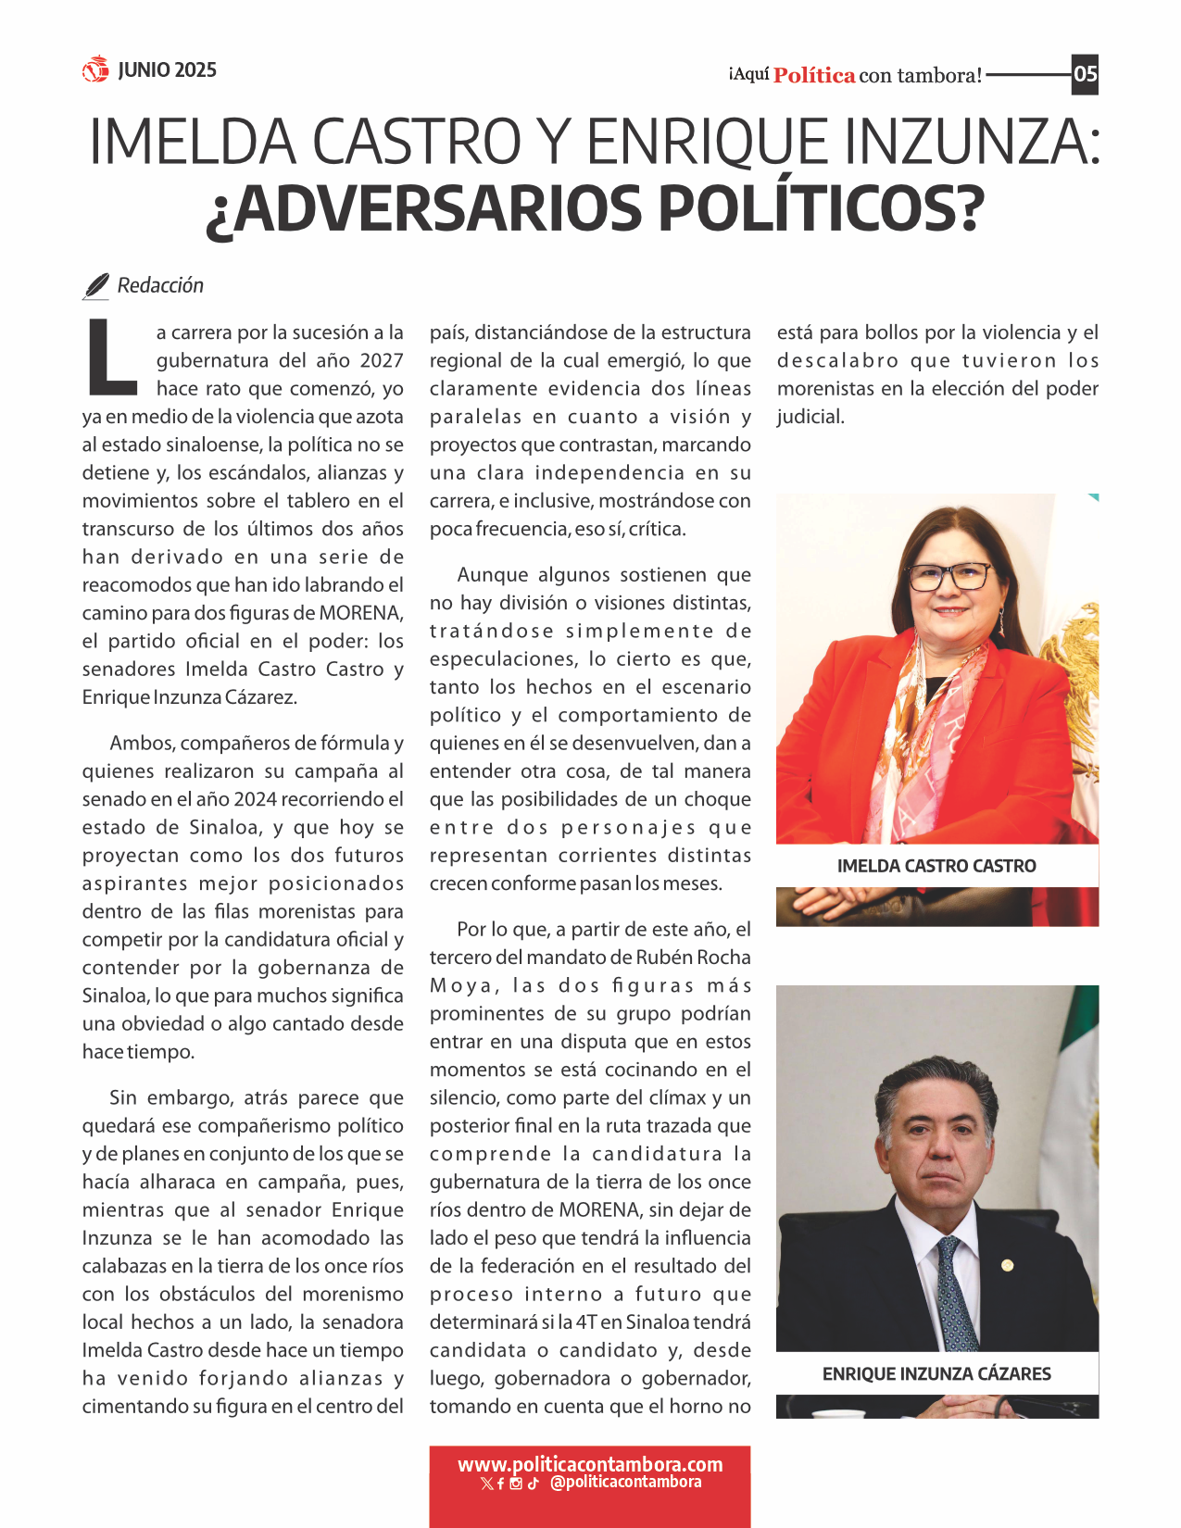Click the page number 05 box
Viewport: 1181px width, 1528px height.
coord(1085,74)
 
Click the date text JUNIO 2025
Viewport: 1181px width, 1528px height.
coord(167,70)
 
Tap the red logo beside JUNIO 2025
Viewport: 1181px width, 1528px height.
coord(95,69)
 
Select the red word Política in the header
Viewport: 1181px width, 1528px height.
coord(814,76)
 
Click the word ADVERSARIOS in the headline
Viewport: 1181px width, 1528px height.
coord(422,208)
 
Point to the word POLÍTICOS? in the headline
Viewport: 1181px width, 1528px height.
coord(821,208)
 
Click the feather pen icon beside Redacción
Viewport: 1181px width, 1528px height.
coord(95,287)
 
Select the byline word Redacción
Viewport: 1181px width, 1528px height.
coord(160,285)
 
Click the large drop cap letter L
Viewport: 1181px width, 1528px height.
coord(111,357)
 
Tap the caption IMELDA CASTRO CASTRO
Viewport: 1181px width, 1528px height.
coord(936,867)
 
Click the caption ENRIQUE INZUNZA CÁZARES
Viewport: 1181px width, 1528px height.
coord(936,1374)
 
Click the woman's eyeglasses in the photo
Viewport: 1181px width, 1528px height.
coord(949,577)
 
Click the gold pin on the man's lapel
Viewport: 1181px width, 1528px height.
coord(1007,1265)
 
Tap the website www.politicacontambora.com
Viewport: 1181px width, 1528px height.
coord(590,1465)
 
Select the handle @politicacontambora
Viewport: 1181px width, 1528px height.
coord(625,1483)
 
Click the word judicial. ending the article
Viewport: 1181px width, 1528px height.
coord(810,417)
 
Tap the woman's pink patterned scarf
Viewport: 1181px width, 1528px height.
coord(926,732)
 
